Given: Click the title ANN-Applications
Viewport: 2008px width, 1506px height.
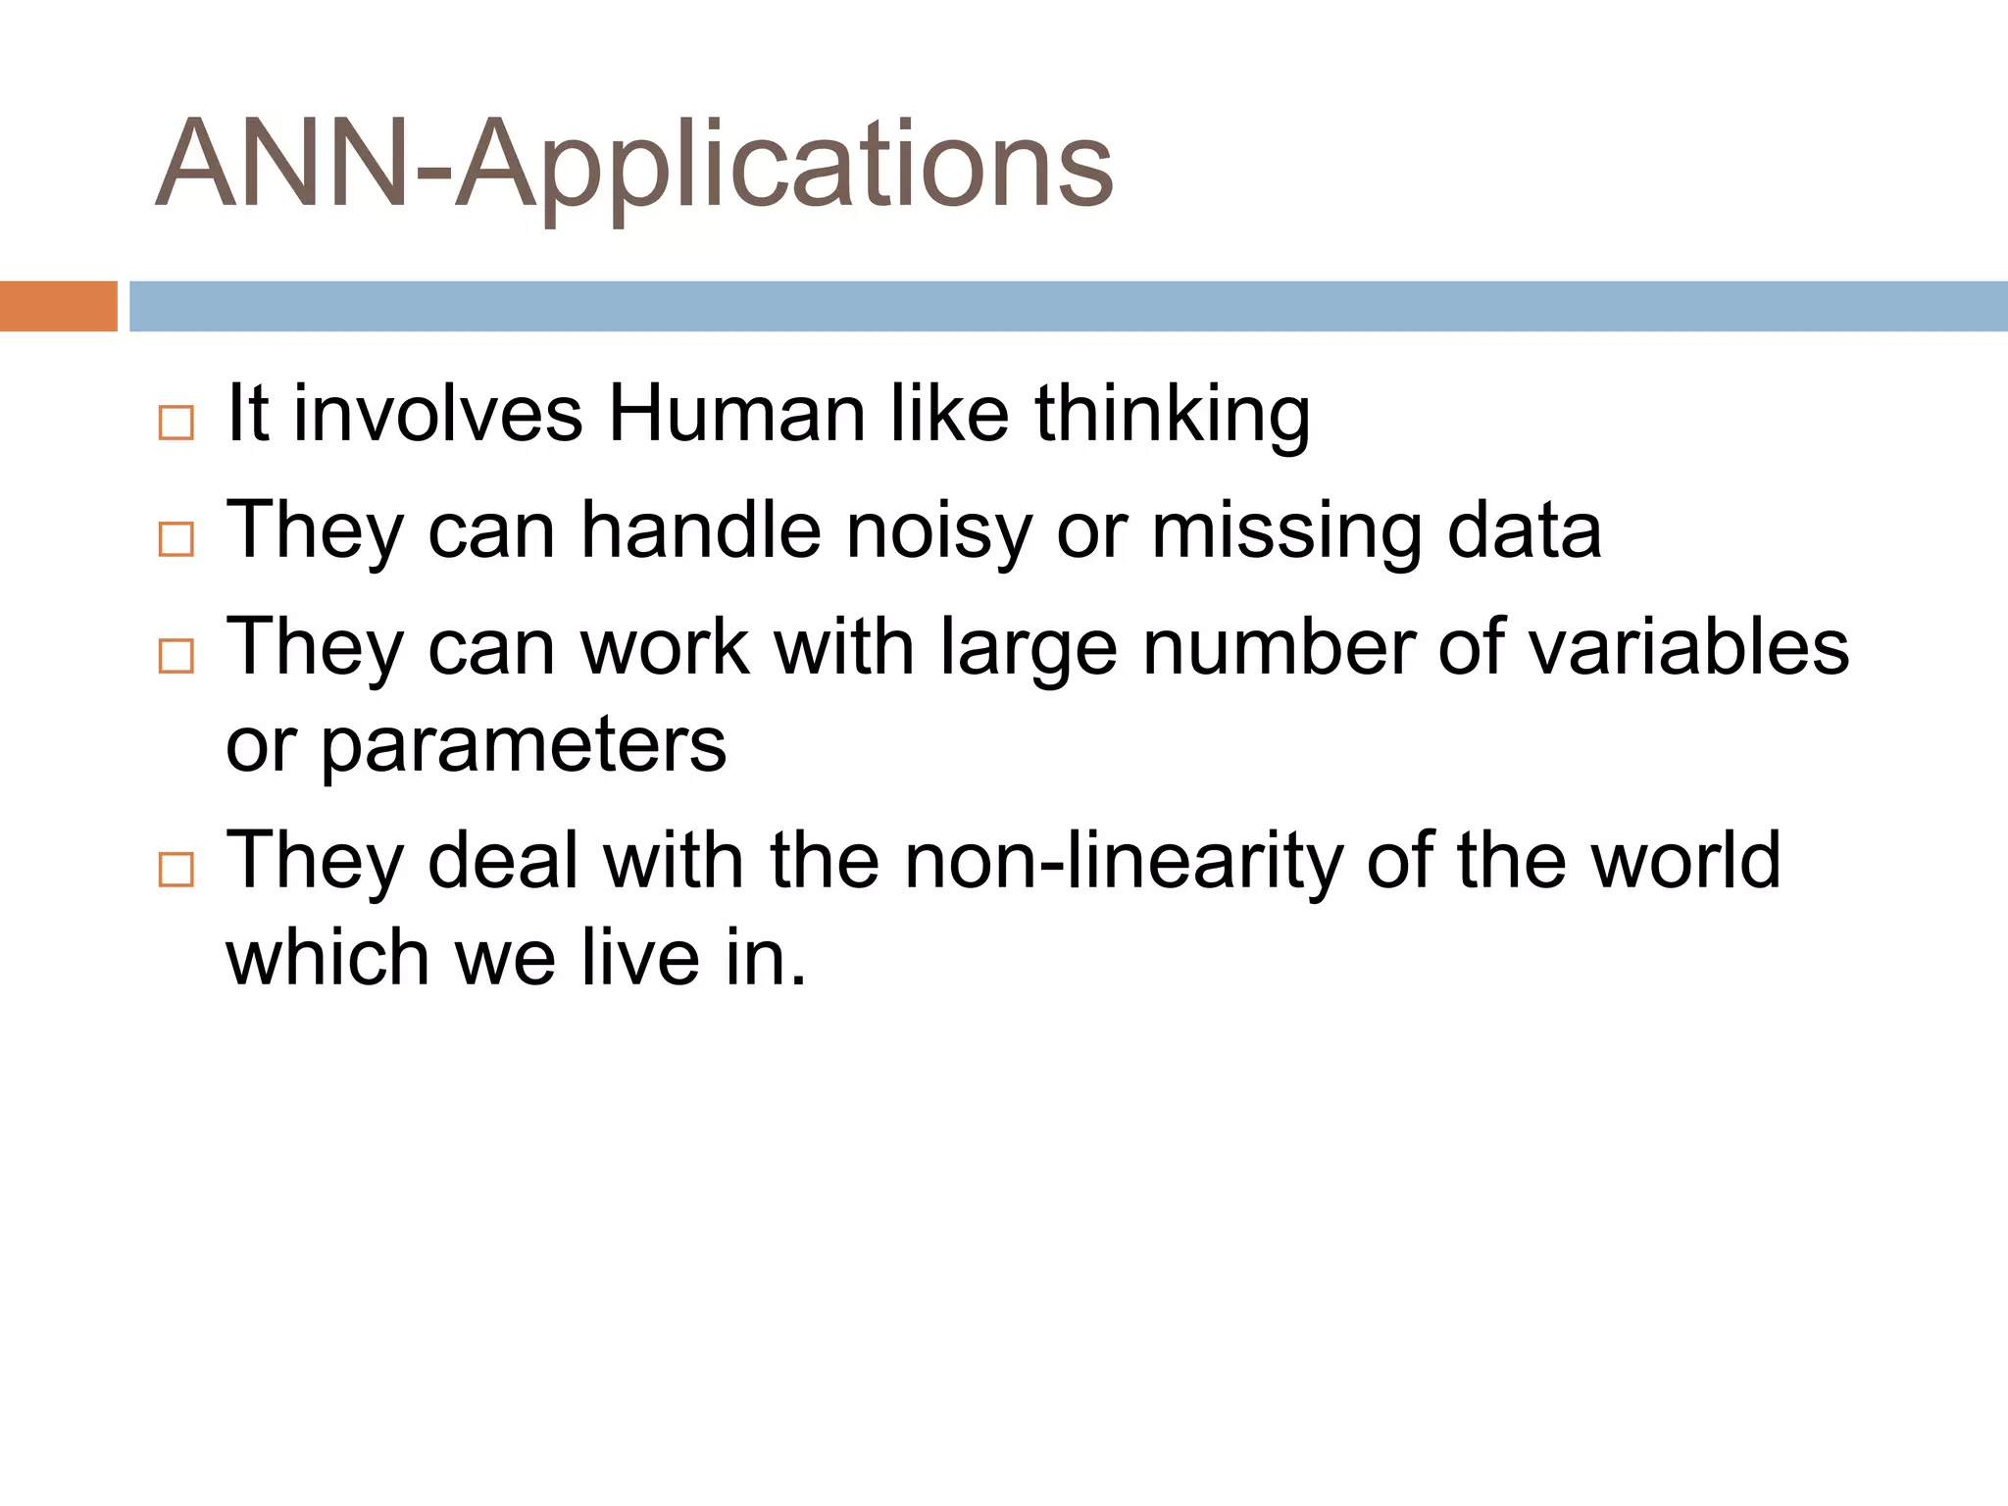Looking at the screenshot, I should (634, 165).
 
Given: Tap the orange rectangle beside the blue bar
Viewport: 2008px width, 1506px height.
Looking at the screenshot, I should (58, 306).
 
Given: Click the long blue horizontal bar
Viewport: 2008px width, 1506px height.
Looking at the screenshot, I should (1068, 306).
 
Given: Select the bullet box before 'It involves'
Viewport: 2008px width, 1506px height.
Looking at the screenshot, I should (176, 423).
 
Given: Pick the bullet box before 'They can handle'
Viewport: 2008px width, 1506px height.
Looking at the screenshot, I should (176, 539).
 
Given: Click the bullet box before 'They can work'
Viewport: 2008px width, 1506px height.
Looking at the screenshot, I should (176, 655).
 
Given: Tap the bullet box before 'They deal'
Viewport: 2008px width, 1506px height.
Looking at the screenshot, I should (176, 869).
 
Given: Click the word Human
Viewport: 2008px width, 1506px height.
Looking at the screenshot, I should (736, 414).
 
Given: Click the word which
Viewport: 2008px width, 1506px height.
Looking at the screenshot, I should (327, 957).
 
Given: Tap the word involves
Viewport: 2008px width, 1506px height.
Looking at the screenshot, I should (438, 414).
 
